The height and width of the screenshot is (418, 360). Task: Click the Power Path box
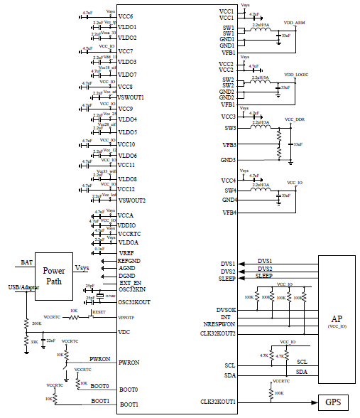(x=54, y=275)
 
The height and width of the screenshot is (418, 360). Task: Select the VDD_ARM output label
(x=294, y=23)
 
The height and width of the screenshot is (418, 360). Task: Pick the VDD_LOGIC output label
(x=296, y=75)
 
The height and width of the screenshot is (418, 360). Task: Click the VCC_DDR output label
(x=294, y=119)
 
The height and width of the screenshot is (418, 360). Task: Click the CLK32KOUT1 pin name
(x=219, y=402)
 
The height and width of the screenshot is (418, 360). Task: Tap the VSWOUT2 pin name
(x=132, y=200)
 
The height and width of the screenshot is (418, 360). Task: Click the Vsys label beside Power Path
(x=82, y=269)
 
